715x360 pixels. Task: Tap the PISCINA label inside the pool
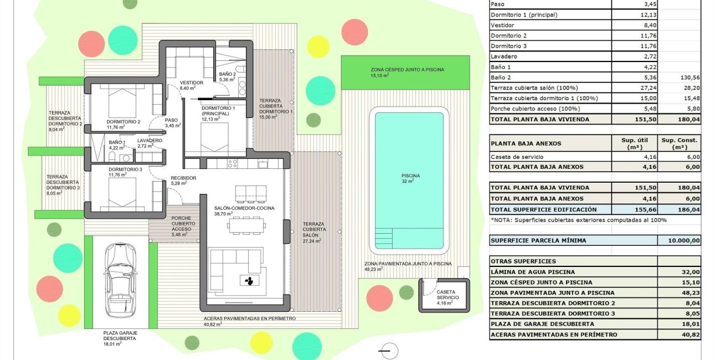[x=410, y=176]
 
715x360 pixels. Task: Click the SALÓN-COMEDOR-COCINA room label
[x=244, y=208]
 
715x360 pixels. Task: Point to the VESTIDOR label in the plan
[x=192, y=83]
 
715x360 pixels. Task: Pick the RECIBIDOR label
[x=183, y=178]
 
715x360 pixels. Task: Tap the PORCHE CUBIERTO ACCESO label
[x=181, y=223]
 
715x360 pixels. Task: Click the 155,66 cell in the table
[x=634, y=209]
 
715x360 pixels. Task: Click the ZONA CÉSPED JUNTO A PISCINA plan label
[x=407, y=70]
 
